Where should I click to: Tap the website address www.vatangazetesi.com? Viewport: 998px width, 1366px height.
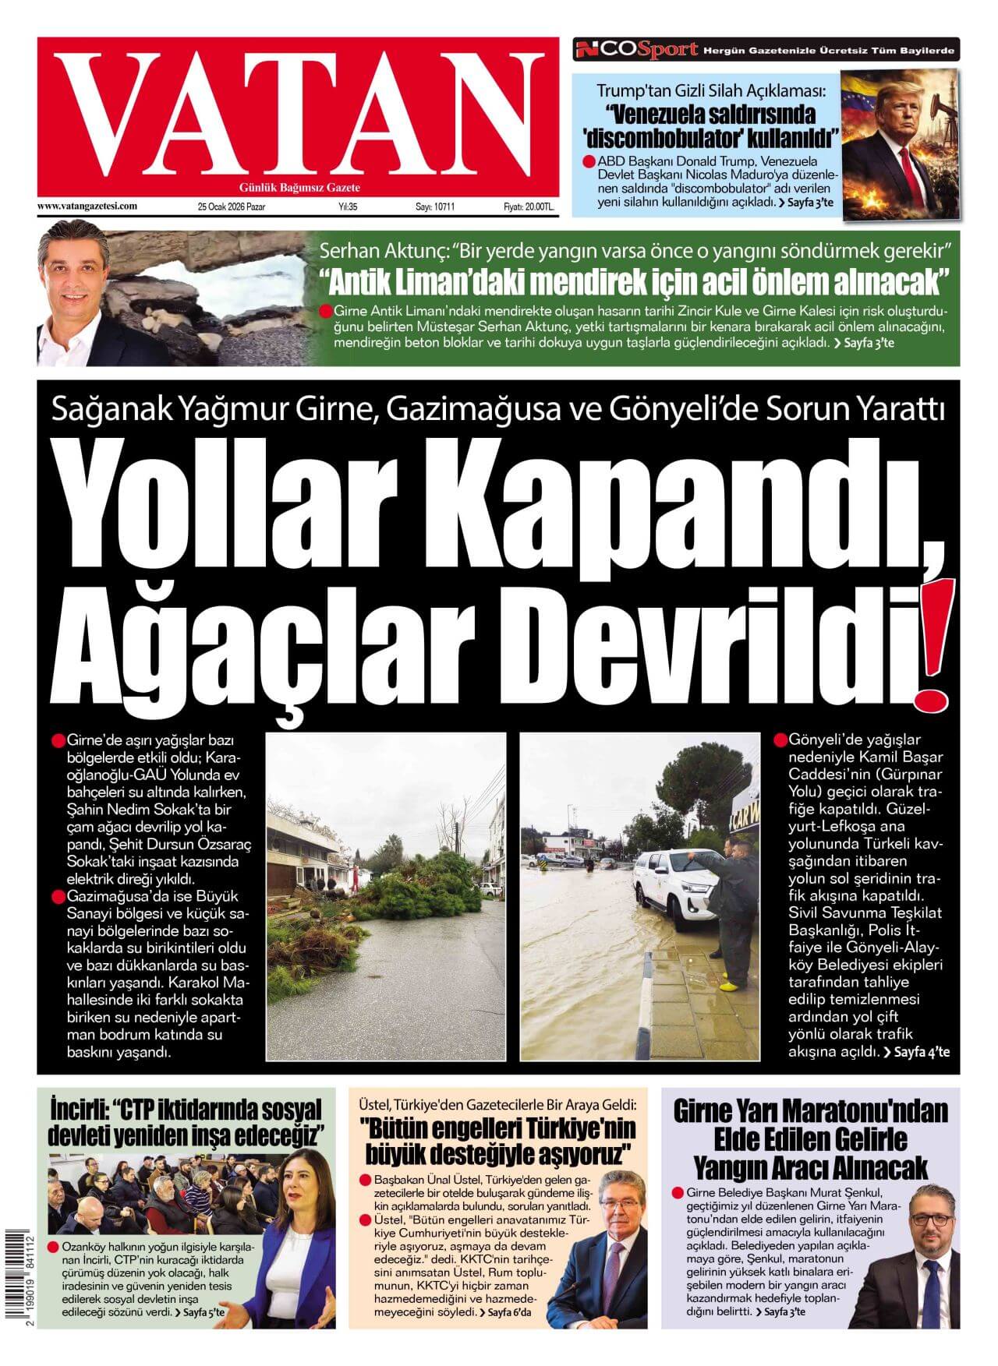87,206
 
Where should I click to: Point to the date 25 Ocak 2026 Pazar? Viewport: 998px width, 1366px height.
232,207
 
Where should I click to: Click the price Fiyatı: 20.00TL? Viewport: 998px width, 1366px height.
529,207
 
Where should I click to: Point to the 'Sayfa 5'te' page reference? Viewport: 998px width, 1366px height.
203,1312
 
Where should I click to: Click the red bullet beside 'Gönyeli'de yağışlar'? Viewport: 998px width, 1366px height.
780,739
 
